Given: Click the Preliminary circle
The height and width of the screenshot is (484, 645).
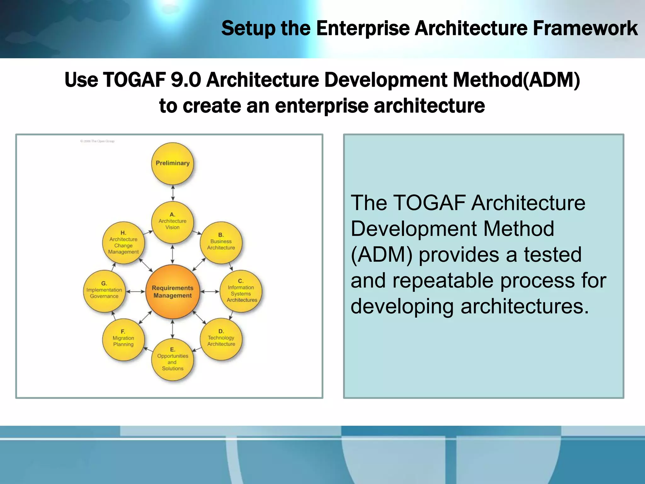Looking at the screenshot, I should (x=173, y=164).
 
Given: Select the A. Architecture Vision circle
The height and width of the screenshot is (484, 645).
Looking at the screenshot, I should (x=173, y=222).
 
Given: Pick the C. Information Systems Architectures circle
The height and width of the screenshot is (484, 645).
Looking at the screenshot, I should (x=241, y=291).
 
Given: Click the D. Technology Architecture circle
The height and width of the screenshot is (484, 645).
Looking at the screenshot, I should (x=221, y=339).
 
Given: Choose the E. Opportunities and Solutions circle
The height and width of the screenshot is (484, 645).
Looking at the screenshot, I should (x=173, y=360).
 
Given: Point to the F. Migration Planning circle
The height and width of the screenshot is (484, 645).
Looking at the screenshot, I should (x=123, y=339).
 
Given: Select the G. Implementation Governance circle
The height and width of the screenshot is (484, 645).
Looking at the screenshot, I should (x=104, y=291).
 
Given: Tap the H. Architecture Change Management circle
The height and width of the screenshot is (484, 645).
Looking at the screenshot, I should (x=123, y=243).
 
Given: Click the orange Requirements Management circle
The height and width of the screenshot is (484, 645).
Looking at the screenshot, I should (x=173, y=291).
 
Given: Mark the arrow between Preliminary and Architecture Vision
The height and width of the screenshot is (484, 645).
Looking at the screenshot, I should (x=173, y=193).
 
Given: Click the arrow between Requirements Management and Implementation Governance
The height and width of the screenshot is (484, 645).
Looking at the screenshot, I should (x=135, y=291).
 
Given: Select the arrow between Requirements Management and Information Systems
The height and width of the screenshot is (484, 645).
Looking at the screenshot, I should (x=209, y=291).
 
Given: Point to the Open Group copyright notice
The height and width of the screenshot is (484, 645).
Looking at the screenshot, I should (x=97, y=141).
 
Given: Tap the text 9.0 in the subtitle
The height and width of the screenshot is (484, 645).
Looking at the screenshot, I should (x=186, y=80).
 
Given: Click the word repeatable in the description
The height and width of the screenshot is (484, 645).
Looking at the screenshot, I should (x=443, y=280).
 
